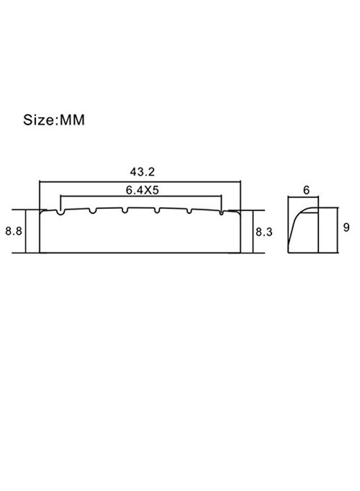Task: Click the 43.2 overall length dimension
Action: coord(142,172)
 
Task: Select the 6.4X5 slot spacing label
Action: coord(142,190)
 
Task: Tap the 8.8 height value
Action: coord(14,231)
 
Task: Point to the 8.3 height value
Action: coord(264,232)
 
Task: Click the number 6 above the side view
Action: coord(306,190)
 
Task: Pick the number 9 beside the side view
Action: coord(346,227)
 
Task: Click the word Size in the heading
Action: coord(39,120)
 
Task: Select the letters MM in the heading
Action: coord(72,120)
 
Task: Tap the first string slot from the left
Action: coord(61,212)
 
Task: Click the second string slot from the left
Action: coord(93,211)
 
